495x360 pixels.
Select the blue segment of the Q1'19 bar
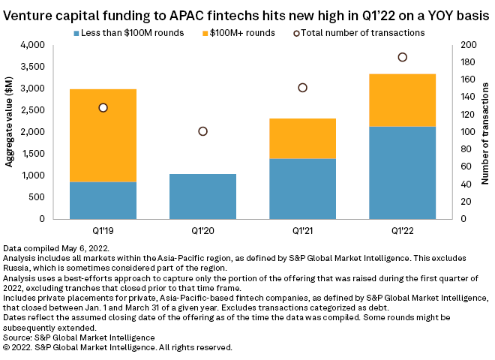[103, 200]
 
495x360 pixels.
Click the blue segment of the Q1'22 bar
[403, 172]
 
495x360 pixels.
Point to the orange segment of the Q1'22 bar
[403, 100]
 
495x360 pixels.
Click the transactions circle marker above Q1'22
[403, 57]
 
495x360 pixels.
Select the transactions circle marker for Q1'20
[202, 131]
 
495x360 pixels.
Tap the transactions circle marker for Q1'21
[303, 88]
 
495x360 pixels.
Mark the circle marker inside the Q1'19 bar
[103, 107]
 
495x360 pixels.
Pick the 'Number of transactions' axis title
[485, 132]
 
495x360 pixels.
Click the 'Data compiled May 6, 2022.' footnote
[57, 247]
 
